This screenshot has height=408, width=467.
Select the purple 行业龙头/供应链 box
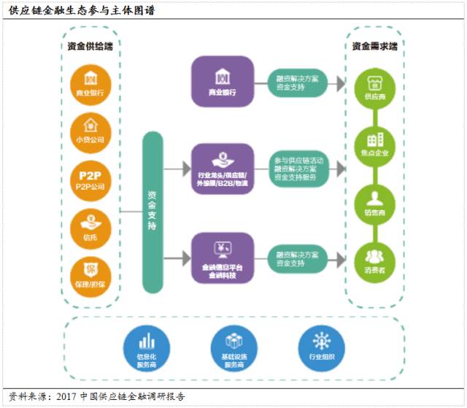[223, 169]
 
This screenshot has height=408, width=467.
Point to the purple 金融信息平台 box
[223, 257]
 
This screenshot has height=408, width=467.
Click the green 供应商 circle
[374, 87]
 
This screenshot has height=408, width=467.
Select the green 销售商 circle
[374, 204]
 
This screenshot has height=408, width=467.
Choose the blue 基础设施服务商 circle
[231, 348]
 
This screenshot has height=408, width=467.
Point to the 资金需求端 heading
[374, 46]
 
